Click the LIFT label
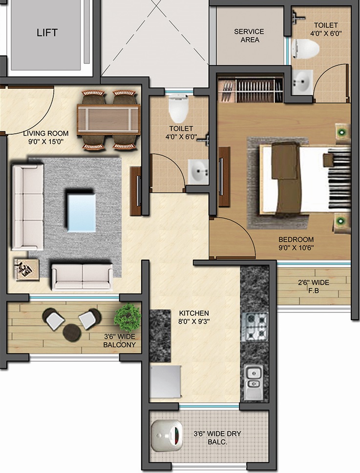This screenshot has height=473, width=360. point(47,33)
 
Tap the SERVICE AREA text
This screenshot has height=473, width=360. point(249,36)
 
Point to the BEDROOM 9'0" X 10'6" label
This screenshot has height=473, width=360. point(296,243)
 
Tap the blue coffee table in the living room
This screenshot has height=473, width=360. point(81,212)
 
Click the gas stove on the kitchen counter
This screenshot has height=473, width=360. point(255,326)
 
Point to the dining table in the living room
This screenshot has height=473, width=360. point(108,119)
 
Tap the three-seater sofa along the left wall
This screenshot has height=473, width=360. point(27,207)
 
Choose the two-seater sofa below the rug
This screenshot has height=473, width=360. point(82,277)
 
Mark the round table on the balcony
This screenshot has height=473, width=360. point(72,331)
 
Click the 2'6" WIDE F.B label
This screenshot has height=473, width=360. point(314,287)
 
